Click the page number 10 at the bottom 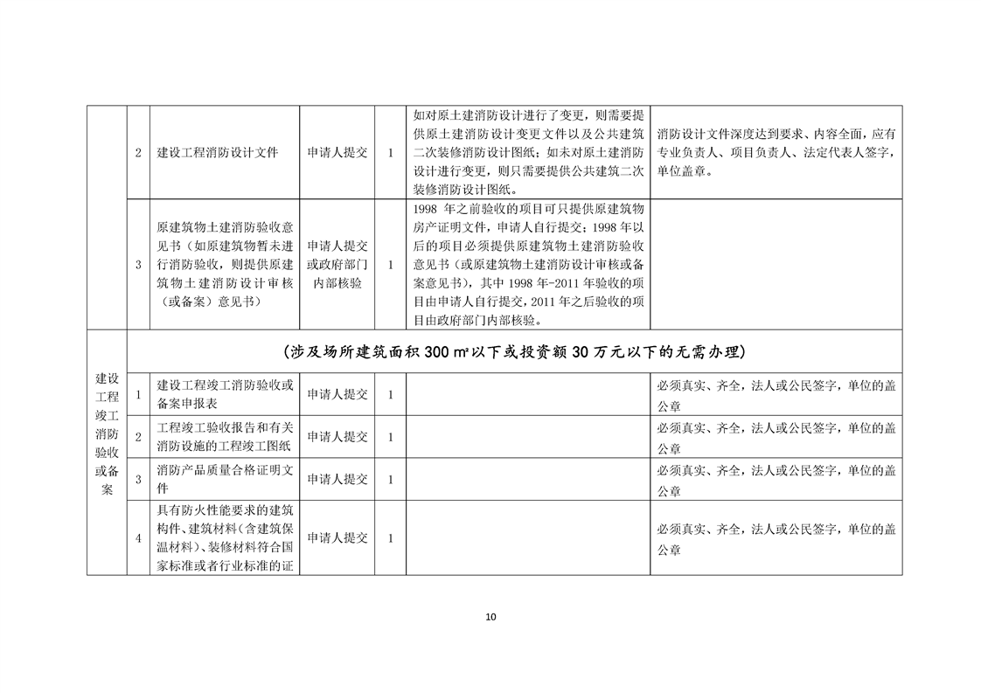click(490, 617)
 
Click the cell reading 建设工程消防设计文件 click(218, 152)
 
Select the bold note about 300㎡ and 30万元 click(514, 352)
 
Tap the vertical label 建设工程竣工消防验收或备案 click(107, 434)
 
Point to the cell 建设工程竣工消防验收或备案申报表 click(226, 394)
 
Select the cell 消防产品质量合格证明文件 click(226, 479)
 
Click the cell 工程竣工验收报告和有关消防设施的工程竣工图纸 click(226, 436)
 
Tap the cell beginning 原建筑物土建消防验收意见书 click(226, 264)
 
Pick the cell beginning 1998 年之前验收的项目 click(528, 264)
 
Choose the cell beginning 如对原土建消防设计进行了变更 click(528, 152)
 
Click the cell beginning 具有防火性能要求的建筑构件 click(226, 538)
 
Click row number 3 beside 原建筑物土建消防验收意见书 click(138, 264)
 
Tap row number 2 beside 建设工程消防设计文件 click(138, 153)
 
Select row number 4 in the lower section click(138, 538)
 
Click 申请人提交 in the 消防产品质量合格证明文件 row click(337, 479)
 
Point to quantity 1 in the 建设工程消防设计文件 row click(390, 153)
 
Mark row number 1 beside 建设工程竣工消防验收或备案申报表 click(138, 394)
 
